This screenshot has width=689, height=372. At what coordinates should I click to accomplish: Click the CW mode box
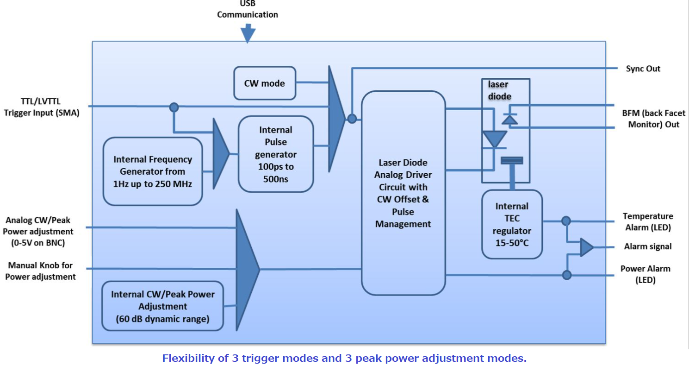[x=265, y=83]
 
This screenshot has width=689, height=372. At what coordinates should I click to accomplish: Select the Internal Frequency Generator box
[x=153, y=171]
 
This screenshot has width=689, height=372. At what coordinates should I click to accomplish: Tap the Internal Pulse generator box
[x=276, y=154]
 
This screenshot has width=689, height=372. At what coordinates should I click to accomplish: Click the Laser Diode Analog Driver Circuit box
[x=403, y=193]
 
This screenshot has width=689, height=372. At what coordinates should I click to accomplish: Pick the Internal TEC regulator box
[x=512, y=224]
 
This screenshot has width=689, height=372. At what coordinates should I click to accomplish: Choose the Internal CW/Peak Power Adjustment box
[x=162, y=306]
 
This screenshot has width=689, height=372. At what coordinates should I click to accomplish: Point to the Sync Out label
[x=643, y=69]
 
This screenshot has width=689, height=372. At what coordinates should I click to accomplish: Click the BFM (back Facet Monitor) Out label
[x=653, y=119]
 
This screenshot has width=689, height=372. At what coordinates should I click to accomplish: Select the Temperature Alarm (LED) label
[x=647, y=222]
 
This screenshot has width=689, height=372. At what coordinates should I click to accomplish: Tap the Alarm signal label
[x=647, y=246]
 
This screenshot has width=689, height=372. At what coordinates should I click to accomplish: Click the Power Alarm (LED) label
[x=645, y=274]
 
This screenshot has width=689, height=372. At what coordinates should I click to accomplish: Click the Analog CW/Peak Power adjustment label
[x=39, y=231]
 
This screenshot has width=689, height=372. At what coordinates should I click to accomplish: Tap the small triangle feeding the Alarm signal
[x=586, y=247]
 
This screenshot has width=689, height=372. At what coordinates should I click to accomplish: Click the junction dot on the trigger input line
[x=174, y=107]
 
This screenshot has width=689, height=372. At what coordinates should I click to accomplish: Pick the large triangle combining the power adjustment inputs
[x=246, y=269]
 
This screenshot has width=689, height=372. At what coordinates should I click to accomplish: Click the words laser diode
[x=500, y=90]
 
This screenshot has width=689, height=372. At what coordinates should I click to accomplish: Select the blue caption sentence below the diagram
[x=344, y=358]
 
